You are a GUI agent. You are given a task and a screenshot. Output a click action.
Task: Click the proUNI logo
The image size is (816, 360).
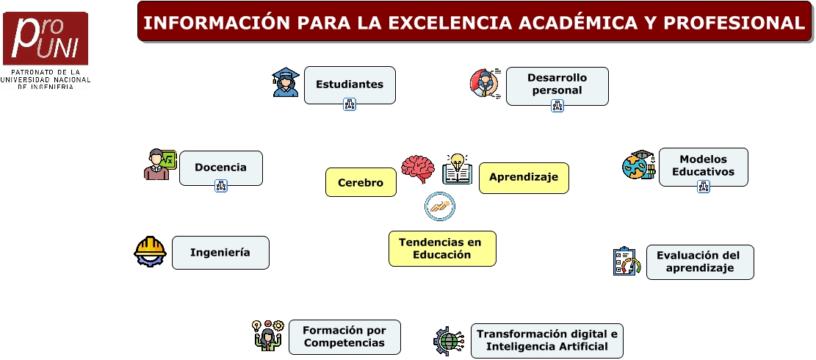tap(46, 50)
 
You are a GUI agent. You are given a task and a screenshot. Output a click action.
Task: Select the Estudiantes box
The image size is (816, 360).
tap(350, 84)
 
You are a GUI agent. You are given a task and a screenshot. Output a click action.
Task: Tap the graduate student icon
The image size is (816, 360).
tap(286, 82)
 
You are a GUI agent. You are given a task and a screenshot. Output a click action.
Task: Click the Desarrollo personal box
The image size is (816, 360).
tap(557, 86)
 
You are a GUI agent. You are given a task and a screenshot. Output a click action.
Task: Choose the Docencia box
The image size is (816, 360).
tap(220, 168)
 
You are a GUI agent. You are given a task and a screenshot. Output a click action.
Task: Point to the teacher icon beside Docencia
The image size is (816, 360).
tap(160, 165)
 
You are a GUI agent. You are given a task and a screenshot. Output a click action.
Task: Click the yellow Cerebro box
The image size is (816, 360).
tap(361, 182)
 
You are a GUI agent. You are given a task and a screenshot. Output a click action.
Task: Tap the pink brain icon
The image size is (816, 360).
tap(417, 169)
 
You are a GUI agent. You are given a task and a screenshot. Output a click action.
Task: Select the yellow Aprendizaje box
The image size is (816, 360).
tap(524, 178)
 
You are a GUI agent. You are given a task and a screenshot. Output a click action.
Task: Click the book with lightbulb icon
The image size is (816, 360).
tap(458, 169)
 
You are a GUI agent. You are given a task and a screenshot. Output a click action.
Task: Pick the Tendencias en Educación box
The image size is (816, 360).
tap(442, 248)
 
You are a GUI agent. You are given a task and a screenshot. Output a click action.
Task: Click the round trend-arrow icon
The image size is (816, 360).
tap(440, 206)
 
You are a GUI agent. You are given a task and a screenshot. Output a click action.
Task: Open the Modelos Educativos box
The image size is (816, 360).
tap(703, 167)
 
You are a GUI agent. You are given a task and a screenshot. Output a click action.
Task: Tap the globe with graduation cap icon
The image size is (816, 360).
tap(638, 165)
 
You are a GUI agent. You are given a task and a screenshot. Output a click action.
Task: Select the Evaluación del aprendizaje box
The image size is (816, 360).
tap(700, 262)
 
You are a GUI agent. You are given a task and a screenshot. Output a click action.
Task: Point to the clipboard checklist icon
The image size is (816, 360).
tap(627, 261)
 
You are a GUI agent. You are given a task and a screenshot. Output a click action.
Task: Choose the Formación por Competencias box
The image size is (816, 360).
tap(344, 337)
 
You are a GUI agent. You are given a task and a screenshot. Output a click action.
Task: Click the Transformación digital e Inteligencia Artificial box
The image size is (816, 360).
tap(547, 341)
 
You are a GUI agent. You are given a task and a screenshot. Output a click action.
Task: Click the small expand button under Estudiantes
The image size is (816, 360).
tap(350, 104)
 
